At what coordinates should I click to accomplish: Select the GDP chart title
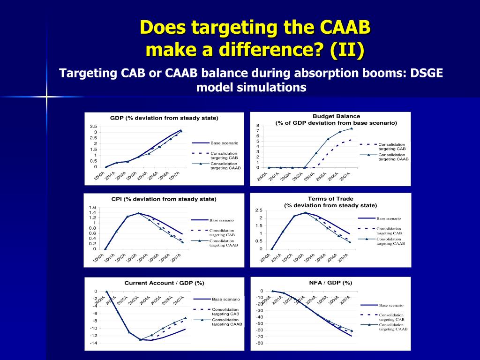tap(164, 118)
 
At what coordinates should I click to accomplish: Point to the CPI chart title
tap(164, 199)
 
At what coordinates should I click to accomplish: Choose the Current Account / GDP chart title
tap(164, 283)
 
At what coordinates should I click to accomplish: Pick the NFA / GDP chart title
tap(330, 283)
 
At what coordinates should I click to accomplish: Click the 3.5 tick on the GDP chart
tap(94, 127)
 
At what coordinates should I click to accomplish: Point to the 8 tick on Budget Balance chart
tap(257, 126)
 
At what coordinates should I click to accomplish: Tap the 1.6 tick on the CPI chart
tap(92, 208)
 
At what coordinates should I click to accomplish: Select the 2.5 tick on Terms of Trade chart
tap(259, 210)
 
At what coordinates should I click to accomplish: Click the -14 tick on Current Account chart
tap(93, 343)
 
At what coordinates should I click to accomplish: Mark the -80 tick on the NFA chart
tap(259, 343)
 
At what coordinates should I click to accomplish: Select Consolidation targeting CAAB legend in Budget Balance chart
tap(393, 157)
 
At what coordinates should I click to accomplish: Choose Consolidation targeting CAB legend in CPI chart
tap(222, 232)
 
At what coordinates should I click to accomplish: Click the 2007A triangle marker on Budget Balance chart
tap(351, 128)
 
